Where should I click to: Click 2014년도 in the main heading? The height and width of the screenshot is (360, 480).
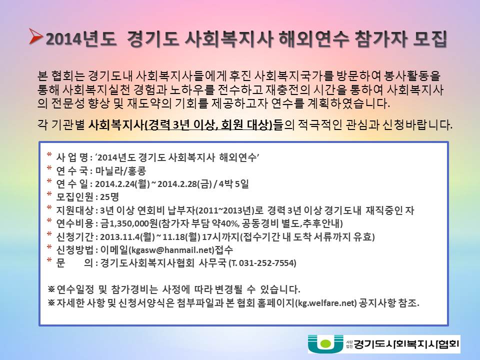[x=80, y=39]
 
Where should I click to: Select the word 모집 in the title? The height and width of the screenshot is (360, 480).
[x=430, y=39]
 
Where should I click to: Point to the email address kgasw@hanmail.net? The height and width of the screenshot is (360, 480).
[x=171, y=250]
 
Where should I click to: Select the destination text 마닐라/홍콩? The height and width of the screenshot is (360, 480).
[x=120, y=170]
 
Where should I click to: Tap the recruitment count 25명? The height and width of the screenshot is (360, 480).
[x=109, y=197]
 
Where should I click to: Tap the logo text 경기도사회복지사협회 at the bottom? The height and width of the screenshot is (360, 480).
[x=406, y=344]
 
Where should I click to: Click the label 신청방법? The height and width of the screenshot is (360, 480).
[x=75, y=250]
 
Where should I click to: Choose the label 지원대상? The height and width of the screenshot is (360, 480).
[x=75, y=210]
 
